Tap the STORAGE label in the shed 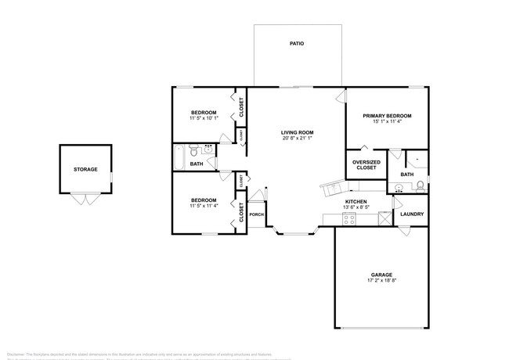pyautogui.click(x=85, y=169)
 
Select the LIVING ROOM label pyautogui.click(x=298, y=132)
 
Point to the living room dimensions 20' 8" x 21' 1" pyautogui.click(x=298, y=139)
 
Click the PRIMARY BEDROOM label pyautogui.click(x=387, y=115)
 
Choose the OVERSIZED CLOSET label pyautogui.click(x=366, y=164)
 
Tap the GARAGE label pyautogui.click(x=381, y=274)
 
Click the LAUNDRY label pyautogui.click(x=412, y=214)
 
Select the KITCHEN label pyautogui.click(x=356, y=201)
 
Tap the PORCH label pyautogui.click(x=256, y=214)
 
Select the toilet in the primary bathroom pyautogui.click(x=420, y=185)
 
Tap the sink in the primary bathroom pyautogui.click(x=399, y=188)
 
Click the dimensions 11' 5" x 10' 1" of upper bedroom pyautogui.click(x=204, y=119)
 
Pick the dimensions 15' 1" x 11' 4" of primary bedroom pyautogui.click(x=387, y=121)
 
